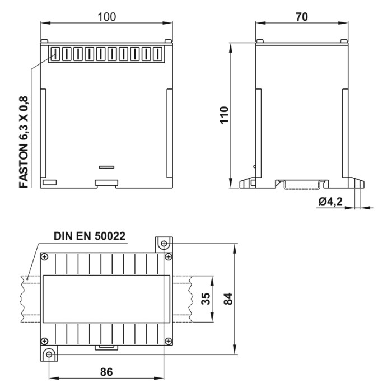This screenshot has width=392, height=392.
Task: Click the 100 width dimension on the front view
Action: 106,16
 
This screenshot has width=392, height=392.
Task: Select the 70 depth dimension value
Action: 302,16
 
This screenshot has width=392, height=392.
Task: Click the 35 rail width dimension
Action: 206,299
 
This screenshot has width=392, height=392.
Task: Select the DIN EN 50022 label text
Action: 90,236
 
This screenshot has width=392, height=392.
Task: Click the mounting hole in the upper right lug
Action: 164,244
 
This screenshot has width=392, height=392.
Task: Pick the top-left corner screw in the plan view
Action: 45,257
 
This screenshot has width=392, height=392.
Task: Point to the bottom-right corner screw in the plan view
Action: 167,340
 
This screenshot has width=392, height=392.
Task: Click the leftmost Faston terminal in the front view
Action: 55,54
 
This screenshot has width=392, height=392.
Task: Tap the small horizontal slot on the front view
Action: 106,167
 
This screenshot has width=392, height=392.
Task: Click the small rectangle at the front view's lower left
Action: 49,182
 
